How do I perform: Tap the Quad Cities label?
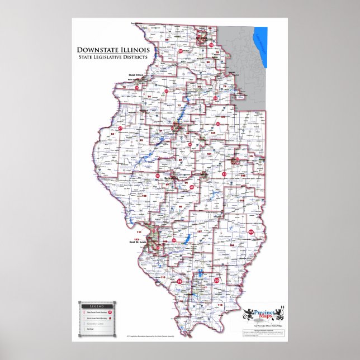click(x=136, y=75)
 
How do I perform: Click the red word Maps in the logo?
click(x=263, y=319)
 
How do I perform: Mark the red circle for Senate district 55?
click(x=251, y=232)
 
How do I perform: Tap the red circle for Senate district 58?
click(x=179, y=282)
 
